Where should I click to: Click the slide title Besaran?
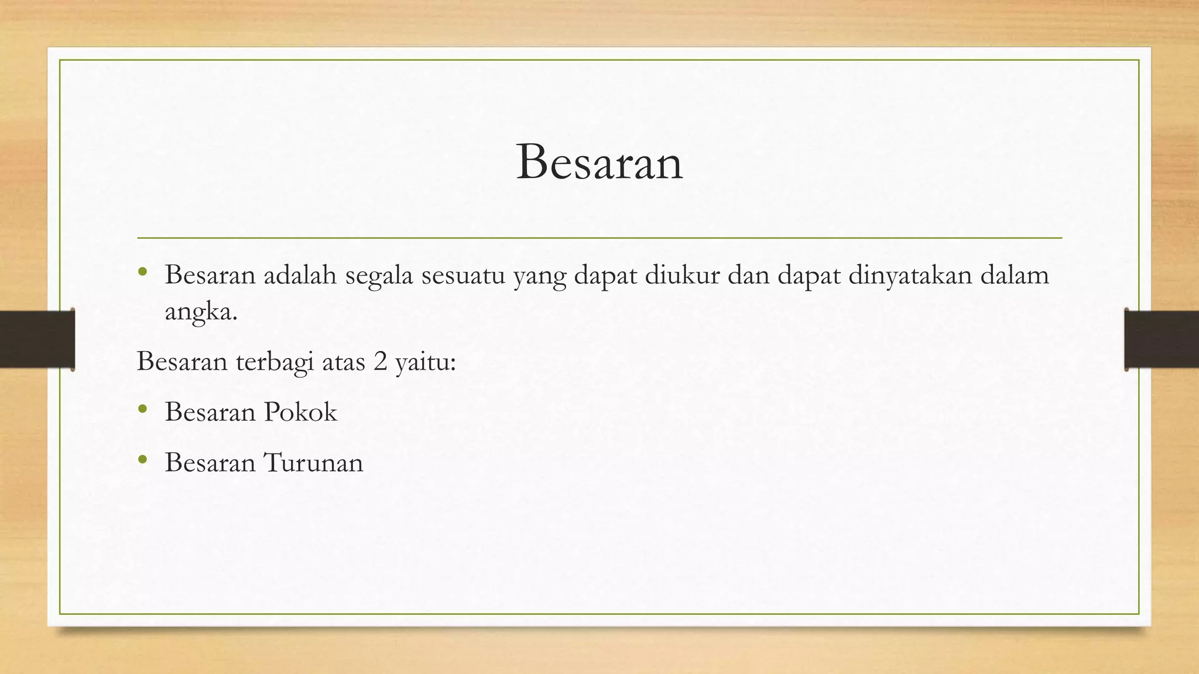click(x=599, y=163)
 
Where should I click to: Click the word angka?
click(x=201, y=312)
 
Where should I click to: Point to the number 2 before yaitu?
click(x=380, y=362)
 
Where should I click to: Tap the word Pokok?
click(x=300, y=412)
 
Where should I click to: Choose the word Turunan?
click(x=313, y=463)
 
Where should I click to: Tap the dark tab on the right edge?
click(x=1162, y=339)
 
